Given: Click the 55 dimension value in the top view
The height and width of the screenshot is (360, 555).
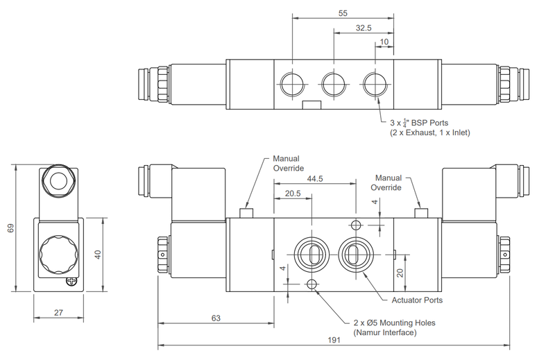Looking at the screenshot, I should (343, 12).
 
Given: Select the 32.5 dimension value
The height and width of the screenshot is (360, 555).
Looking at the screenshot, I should (364, 28).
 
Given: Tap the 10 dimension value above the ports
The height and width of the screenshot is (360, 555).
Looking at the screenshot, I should (384, 43).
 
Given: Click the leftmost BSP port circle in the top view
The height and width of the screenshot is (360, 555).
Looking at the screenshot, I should (291, 85).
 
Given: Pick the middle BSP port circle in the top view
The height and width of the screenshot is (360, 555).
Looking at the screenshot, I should (333, 85).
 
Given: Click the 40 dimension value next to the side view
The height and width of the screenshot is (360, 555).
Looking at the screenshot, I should (98, 255).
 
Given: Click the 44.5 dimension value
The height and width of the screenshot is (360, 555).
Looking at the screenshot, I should (315, 179).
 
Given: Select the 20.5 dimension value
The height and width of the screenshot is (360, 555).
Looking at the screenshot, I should (293, 195).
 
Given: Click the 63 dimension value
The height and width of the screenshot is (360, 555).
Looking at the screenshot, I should (215, 318).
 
